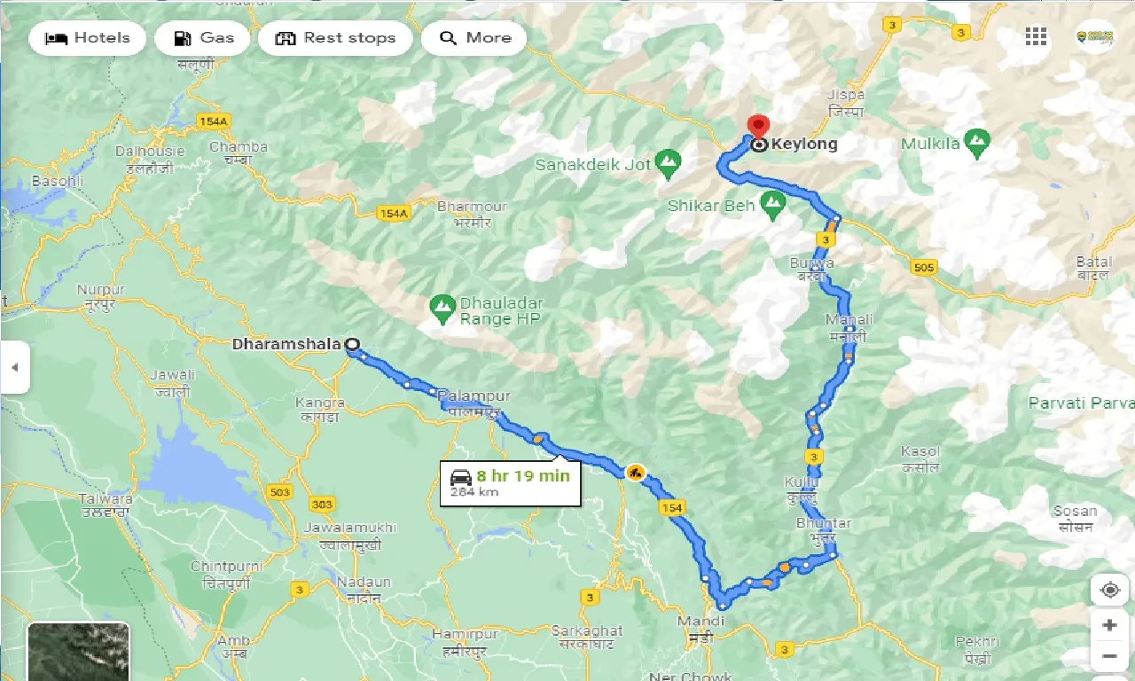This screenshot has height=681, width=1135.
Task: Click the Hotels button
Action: pyautogui.click(x=87, y=38)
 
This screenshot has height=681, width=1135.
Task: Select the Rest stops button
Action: pyautogui.click(x=335, y=38)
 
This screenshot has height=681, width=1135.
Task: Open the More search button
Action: pyautogui.click(x=474, y=38)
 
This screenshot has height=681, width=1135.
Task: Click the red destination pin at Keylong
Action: pyautogui.click(x=758, y=127)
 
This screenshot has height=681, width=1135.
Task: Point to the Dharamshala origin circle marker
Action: pyautogui.click(x=352, y=344)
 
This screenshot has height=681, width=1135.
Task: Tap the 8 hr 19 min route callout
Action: pyautogui.click(x=510, y=482)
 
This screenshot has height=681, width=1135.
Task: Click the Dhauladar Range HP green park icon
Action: pyautogui.click(x=441, y=308)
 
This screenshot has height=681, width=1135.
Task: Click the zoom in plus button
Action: pyautogui.click(x=1109, y=625)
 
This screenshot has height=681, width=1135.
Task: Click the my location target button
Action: pyautogui.click(x=1109, y=590)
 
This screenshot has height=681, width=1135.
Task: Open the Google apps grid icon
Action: pyautogui.click(x=1036, y=36)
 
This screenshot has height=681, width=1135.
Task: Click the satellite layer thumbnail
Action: pyautogui.click(x=78, y=652)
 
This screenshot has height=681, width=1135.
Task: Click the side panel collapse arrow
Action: pyautogui.click(x=14, y=367)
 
